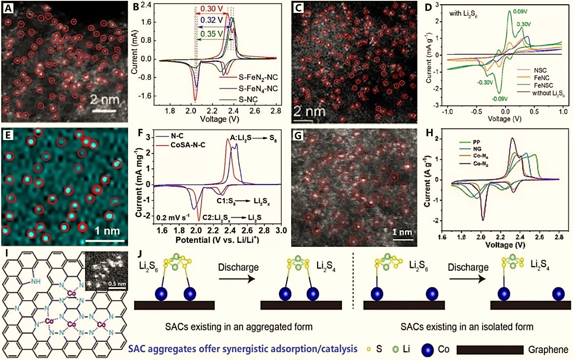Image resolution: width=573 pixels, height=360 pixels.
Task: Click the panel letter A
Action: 8,8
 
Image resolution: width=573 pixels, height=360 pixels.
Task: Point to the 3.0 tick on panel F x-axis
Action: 280,231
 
